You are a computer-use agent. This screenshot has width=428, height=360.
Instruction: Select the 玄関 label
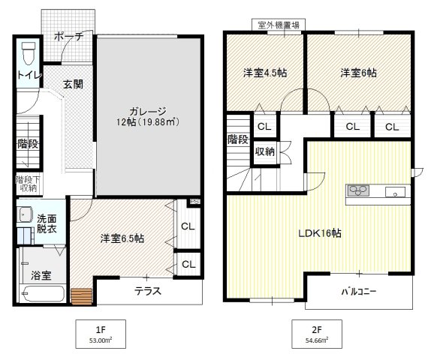pyautogui.click(x=73, y=85)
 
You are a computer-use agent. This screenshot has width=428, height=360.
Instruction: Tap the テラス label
pyautogui.click(x=149, y=292)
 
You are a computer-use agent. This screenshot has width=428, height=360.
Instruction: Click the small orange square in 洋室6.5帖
pyautogui.click(x=80, y=295)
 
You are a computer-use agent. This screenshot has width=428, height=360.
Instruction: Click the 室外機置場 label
pyautogui.click(x=278, y=25)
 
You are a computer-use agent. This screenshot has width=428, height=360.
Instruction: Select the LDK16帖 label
pyautogui.click(x=319, y=233)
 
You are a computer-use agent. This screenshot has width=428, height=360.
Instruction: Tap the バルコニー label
pyautogui.click(x=359, y=290)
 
